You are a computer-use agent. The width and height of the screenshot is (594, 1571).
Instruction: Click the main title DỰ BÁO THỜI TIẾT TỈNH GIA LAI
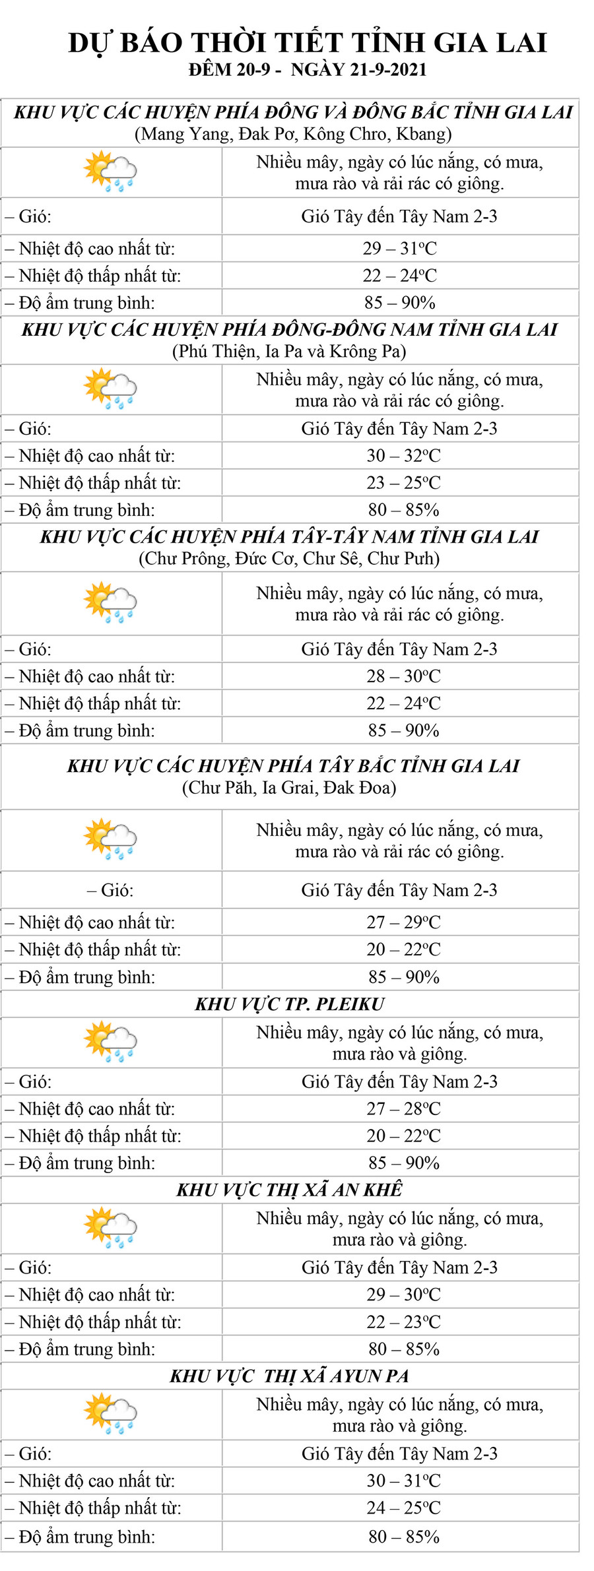[x=308, y=43]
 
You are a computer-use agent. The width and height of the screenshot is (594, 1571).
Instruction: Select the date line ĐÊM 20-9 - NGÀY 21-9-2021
[x=308, y=70]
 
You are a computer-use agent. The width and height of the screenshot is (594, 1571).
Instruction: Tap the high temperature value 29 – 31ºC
[x=399, y=249]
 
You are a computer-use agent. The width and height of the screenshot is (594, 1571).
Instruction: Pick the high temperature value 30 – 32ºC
[x=403, y=456]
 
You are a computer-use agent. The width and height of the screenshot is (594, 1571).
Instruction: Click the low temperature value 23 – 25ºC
[x=403, y=483]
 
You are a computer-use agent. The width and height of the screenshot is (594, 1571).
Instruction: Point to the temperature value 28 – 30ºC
[x=403, y=676]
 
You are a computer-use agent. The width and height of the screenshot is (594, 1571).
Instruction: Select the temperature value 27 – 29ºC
[x=403, y=922]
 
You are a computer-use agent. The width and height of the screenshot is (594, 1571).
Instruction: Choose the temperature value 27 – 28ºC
[x=403, y=1108]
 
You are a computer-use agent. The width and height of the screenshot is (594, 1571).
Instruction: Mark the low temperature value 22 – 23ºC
[x=403, y=1322]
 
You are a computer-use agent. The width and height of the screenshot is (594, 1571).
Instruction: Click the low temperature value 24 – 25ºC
[x=403, y=1508]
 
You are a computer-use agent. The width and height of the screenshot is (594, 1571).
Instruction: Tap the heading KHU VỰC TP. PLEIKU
[x=290, y=1004]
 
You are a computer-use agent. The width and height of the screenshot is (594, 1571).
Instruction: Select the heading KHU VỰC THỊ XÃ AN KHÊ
[x=290, y=1190]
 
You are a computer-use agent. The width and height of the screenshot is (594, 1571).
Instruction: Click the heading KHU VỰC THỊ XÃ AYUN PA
[x=290, y=1376]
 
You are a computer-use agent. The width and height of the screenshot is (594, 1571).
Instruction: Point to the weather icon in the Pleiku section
[x=110, y=1041]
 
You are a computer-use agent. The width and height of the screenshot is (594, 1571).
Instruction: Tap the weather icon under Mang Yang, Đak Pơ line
[x=110, y=172]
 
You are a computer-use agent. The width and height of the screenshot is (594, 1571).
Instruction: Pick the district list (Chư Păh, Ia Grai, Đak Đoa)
[x=289, y=788]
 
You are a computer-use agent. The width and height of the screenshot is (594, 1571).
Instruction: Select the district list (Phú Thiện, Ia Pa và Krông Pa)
[x=289, y=351]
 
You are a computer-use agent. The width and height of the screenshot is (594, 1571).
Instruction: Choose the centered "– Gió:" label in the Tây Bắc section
[x=110, y=891]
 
